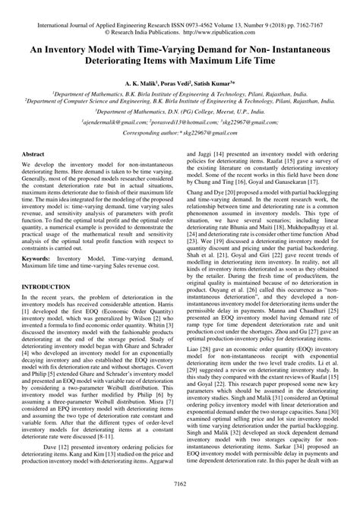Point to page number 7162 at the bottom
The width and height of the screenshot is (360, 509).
click(179, 502)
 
